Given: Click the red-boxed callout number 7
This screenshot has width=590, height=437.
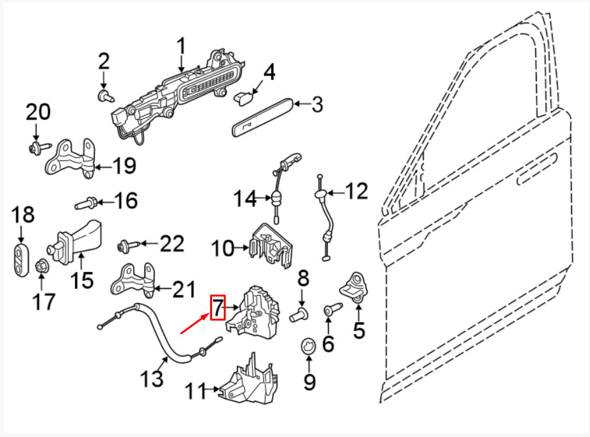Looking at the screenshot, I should [x=217, y=307].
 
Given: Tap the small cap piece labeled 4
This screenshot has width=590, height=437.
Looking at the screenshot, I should [x=245, y=98].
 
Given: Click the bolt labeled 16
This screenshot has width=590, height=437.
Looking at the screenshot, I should [x=87, y=204].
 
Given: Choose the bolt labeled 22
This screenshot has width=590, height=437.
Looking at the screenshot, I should [x=127, y=246].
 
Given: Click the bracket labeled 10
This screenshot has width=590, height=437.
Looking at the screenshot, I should [x=272, y=245].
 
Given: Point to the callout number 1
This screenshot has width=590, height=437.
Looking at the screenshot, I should [x=181, y=47].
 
